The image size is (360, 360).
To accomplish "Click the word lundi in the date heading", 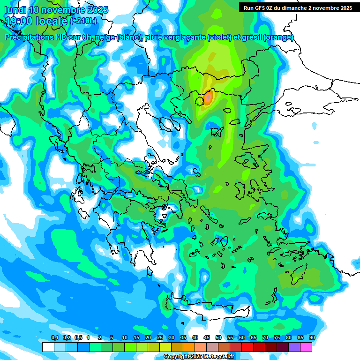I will tap(15, 10).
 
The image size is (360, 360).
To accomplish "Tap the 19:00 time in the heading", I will tap(18, 21).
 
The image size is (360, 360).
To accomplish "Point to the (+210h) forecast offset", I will tap(83, 21).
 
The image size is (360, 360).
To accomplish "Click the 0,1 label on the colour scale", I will tap(54, 338).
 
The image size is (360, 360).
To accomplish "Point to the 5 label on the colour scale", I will tap(112, 338).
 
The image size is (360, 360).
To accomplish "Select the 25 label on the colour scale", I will tap(160, 338).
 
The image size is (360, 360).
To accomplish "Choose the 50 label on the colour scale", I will tap(218, 338).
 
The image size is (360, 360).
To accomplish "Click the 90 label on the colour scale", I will tap(312, 338).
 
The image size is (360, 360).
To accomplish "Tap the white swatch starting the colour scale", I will tap(48, 347).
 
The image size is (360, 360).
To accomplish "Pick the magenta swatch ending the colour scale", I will tap(306, 347).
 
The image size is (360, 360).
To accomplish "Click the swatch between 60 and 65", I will tap(247, 347).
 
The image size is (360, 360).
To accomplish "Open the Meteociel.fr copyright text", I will tap(199, 357).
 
